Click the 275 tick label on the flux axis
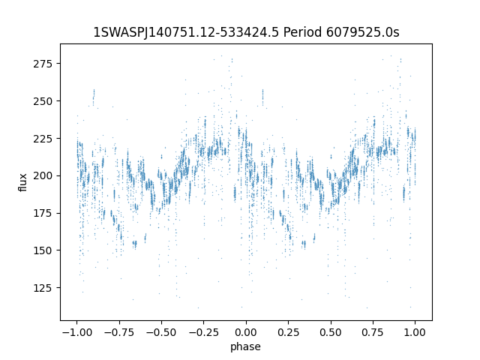pos(43,64)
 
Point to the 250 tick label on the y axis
pos(43,101)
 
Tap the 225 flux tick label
pos(43,138)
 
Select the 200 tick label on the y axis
pos(43,175)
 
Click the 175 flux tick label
pos(43,213)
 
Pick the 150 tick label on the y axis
pos(43,250)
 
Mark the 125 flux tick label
pos(43,288)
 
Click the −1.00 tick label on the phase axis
pos(77,332)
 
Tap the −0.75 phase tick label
pos(119,332)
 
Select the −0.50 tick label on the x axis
pos(162,332)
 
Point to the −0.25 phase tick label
pos(204,332)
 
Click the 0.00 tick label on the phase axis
pos(246,332)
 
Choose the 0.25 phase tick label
pos(288,332)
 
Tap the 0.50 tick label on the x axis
pos(331,332)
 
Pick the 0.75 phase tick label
pos(373,332)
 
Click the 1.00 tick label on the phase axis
pos(415,332)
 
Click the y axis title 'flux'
pos(23,182)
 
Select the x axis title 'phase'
pos(246,346)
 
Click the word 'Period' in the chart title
pos(302,32)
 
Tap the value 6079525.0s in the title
pos(363,32)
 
